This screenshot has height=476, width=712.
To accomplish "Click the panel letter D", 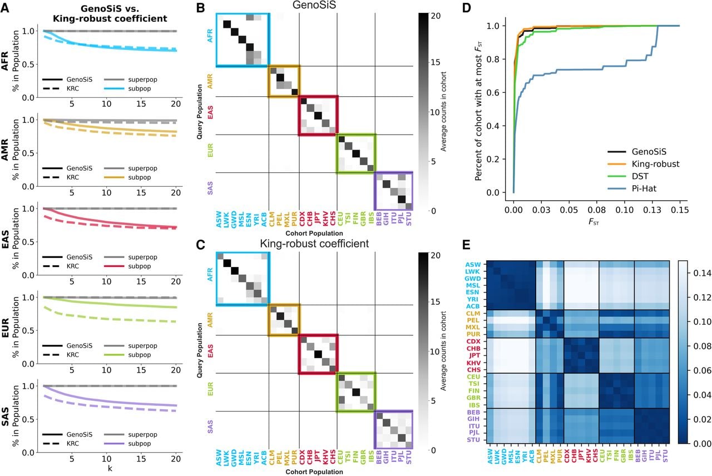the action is click(466, 8).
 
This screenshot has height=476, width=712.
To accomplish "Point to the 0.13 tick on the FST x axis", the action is click(652, 210).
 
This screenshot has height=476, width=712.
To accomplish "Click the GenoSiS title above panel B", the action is click(314, 6).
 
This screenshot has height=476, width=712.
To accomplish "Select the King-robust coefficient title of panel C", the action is click(314, 244).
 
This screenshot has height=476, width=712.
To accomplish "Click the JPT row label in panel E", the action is click(474, 355).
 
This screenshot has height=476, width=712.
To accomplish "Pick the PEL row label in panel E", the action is click(473, 320).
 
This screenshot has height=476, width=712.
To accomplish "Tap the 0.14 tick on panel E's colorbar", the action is click(702, 273).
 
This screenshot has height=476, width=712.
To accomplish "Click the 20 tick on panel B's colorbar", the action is click(436, 16).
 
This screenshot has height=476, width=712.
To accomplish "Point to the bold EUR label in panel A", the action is click(5, 328).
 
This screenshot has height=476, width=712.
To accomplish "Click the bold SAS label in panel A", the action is click(5, 417).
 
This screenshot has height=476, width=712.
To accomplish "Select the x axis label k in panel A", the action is click(110, 468).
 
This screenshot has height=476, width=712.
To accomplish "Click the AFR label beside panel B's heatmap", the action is click(210, 36).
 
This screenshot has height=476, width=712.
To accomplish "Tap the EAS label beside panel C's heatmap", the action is click(210, 351).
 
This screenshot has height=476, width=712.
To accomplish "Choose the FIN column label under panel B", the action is click(355, 219).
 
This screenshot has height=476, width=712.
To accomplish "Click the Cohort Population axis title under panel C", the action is click(314, 472).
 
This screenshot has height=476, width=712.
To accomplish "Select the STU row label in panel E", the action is click(473, 440).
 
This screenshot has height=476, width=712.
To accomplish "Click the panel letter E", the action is click(466, 245).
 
